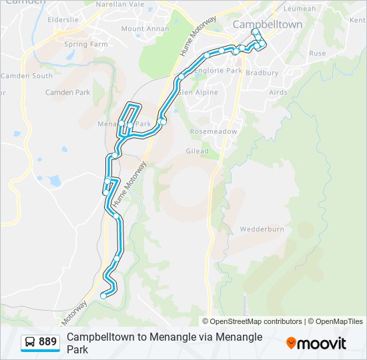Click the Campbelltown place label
267,25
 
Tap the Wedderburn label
262,229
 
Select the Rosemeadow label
214,131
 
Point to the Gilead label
198,151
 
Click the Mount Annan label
142,29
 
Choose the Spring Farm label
85,45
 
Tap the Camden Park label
67,92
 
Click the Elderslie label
63,20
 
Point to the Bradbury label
262,73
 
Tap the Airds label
278,93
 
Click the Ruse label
318,53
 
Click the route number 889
47,342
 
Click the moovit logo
316,343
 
